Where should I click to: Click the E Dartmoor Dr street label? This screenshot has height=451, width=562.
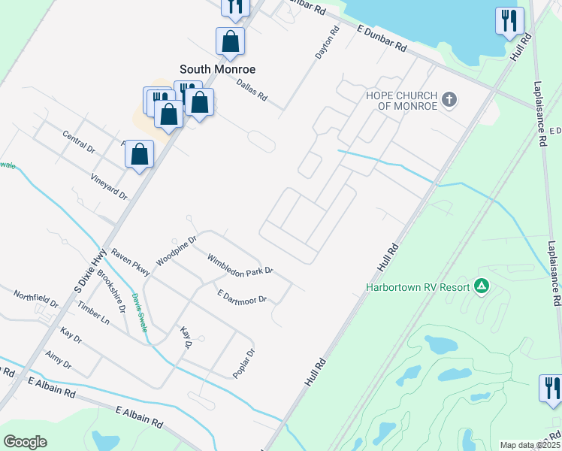[242, 297]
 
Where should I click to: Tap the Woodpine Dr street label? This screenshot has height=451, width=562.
[176, 251]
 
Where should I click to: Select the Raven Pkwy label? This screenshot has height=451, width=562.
[130, 263]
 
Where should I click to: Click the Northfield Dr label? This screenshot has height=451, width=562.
[35, 299]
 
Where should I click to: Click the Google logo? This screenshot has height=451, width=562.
[25, 442]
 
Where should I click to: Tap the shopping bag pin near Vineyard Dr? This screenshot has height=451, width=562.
[139, 155]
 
